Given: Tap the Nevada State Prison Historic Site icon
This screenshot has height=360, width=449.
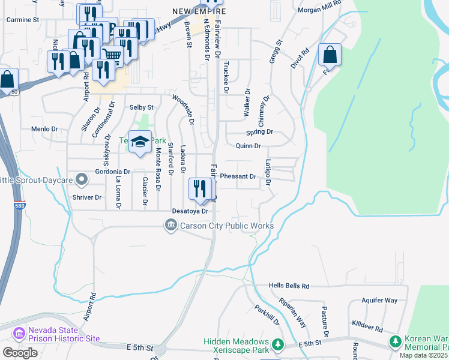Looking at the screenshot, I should pos(19,333).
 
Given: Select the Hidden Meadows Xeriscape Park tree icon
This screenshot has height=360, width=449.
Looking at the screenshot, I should pos(277,344).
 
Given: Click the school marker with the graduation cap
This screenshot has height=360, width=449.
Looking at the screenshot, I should pos(140,142).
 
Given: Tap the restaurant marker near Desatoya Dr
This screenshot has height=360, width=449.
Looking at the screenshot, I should pos(200,190).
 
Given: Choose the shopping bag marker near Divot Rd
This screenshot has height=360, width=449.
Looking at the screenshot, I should pos(330,55).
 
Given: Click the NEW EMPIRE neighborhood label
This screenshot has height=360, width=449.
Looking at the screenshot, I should pos(199,11).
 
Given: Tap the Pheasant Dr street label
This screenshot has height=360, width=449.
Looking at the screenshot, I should pos(238,177).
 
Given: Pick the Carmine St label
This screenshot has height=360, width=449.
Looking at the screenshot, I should pos(22,19).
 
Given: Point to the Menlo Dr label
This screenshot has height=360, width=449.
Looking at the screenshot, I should pos(44,129).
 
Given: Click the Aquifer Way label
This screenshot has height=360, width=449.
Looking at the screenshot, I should pos(379,300).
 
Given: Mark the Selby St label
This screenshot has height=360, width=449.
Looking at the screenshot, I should pos(142,107).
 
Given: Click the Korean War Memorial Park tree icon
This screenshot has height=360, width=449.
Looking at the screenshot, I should pos(396,342).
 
